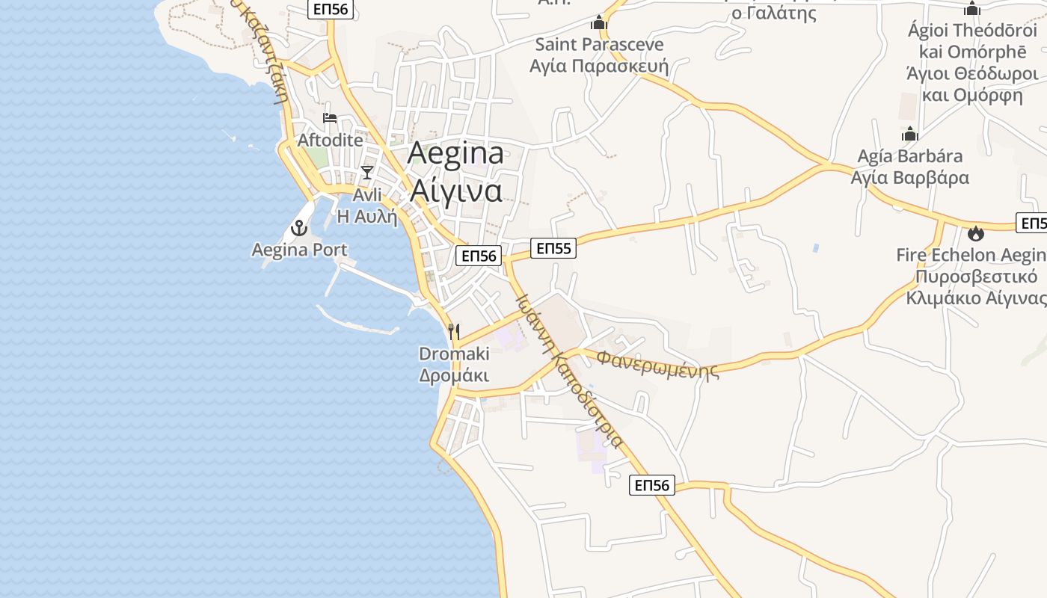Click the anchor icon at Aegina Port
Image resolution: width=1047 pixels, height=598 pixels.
click(300, 228)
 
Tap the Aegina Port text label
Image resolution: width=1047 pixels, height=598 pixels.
click(300, 250)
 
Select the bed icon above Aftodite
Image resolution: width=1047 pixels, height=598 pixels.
click(329, 118)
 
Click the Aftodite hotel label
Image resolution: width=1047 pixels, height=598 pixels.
click(330, 140)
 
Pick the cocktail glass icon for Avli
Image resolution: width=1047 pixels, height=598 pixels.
click(366, 173)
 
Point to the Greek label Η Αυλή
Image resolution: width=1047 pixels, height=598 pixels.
click(366, 217)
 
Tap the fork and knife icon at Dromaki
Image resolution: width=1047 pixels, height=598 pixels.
click(454, 331)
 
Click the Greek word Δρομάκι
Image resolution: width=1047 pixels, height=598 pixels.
click(454, 375)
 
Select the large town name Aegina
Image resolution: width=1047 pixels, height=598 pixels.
click(455, 154)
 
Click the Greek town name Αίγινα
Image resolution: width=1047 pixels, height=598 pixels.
click(455, 191)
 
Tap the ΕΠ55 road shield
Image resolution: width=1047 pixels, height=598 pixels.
click(553, 248)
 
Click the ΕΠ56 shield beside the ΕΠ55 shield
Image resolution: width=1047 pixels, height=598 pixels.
click(479, 256)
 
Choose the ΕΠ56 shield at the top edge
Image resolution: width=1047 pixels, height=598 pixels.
click(330, 9)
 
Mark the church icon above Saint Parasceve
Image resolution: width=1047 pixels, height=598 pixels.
click(599, 23)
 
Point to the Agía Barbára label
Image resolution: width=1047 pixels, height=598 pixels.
click(909, 157)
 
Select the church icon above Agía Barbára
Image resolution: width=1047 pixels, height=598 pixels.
click(909, 135)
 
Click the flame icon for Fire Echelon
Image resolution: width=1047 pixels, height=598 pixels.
click(975, 233)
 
